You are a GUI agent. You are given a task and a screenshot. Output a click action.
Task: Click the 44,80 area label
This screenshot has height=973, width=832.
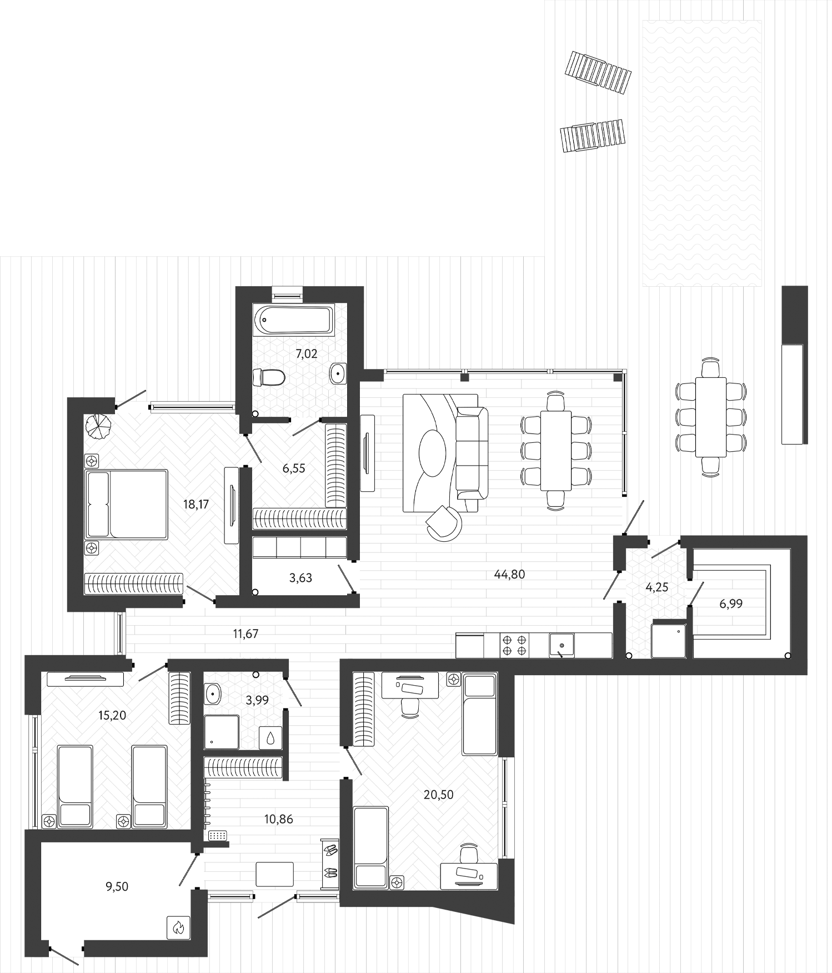509,575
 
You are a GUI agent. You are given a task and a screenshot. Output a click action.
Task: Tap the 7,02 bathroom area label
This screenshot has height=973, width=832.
306,354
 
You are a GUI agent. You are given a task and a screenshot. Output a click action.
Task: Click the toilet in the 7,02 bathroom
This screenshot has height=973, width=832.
268,377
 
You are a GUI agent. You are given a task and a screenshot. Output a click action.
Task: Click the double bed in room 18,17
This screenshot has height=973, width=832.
127,504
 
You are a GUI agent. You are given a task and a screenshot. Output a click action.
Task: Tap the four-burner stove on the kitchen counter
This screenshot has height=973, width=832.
514,645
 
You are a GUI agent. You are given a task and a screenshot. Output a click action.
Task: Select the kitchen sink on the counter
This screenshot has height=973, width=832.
562,645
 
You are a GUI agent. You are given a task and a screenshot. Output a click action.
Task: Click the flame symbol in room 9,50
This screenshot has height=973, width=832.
178,927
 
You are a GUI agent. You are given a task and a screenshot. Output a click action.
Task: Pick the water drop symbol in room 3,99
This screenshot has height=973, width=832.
270,738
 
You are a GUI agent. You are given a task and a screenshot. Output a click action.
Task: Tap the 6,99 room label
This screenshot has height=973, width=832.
730,603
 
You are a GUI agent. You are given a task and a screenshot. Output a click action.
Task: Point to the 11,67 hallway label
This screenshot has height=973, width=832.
245,633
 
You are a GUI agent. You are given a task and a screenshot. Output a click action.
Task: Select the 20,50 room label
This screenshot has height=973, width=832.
438,795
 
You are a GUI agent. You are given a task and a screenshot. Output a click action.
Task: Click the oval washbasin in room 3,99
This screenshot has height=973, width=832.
212,693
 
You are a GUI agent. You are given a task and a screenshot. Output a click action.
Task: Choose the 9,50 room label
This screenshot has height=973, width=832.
117,887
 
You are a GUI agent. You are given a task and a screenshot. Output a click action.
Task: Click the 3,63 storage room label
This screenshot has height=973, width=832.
300,578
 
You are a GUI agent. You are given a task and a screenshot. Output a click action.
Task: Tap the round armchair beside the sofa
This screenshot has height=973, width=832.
444,523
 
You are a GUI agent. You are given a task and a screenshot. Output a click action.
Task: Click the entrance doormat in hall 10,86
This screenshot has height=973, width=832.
274,874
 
